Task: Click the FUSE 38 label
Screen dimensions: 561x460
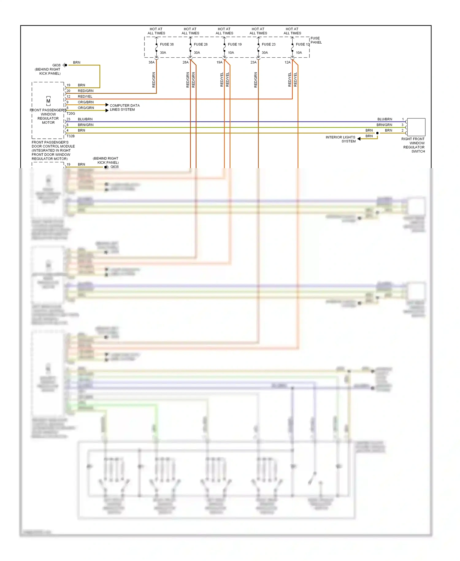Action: point(167,44)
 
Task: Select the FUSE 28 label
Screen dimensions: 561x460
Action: point(201,44)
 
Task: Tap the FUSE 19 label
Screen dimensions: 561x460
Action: point(235,44)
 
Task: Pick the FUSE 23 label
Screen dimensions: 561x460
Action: point(269,44)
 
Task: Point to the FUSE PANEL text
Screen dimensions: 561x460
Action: point(316,40)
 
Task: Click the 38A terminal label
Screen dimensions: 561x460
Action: point(151,62)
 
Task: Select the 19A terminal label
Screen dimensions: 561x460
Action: point(220,62)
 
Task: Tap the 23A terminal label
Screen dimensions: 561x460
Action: point(253,62)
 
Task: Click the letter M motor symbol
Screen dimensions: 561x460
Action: point(48,101)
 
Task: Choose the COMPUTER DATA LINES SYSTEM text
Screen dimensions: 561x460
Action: point(125,107)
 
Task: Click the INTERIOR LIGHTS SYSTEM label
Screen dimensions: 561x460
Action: point(340,139)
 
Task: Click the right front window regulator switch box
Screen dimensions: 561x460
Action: point(416,127)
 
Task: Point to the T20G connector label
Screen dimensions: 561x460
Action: point(71,114)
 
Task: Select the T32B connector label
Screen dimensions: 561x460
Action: point(71,136)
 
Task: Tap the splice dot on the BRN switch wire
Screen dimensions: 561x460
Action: point(378,133)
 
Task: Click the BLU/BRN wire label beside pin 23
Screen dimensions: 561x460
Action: point(85,119)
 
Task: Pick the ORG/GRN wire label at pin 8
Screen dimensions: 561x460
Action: point(86,108)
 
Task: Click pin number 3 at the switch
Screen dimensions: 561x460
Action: point(403,125)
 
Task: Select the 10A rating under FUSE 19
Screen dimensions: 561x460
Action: point(231,53)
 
